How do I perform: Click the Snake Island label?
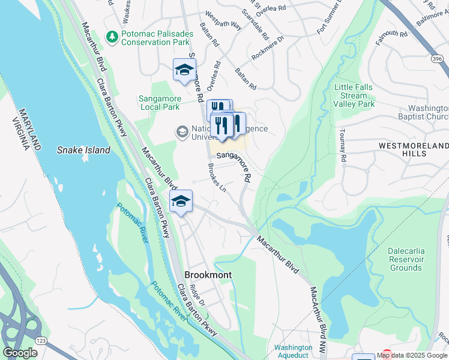coord(84,150)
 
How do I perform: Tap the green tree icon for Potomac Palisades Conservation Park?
coord(112,37)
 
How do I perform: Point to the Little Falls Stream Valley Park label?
coord(354,95)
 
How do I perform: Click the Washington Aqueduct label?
coord(293,351)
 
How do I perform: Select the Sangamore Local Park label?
coord(159,103)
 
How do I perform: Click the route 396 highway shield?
coord(437,58)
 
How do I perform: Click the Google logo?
coord(20,353)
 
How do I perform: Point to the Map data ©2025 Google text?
coord(412,355)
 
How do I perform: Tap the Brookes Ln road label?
coord(217,178)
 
